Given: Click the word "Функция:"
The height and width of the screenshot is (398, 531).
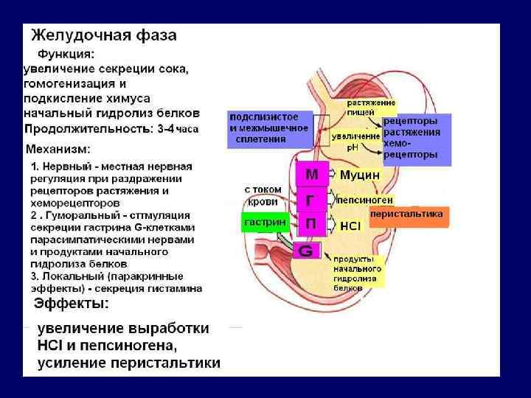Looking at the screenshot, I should [x=66, y=55].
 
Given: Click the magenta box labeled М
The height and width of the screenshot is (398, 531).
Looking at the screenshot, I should [x=312, y=175].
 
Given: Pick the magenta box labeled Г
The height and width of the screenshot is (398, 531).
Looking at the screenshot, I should [x=312, y=199].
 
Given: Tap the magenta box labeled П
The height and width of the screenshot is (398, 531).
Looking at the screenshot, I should [x=312, y=223].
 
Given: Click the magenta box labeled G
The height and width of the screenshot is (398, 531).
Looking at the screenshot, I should [x=306, y=251].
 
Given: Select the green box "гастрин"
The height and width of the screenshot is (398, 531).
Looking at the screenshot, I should [x=260, y=223].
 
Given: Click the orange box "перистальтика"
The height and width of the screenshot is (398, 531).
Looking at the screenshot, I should [x=407, y=214].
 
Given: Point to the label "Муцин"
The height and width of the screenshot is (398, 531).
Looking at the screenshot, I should [x=360, y=175].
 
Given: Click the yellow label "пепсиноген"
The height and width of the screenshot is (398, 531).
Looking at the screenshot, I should [x=364, y=200].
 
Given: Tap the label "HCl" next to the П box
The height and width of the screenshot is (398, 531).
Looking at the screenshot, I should [x=350, y=225].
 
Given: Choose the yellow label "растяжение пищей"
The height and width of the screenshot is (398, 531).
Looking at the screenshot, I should [x=371, y=108].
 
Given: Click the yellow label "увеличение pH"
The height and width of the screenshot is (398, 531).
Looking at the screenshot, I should [x=355, y=141].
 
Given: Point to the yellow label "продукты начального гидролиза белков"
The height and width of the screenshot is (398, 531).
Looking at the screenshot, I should [x=358, y=273].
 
